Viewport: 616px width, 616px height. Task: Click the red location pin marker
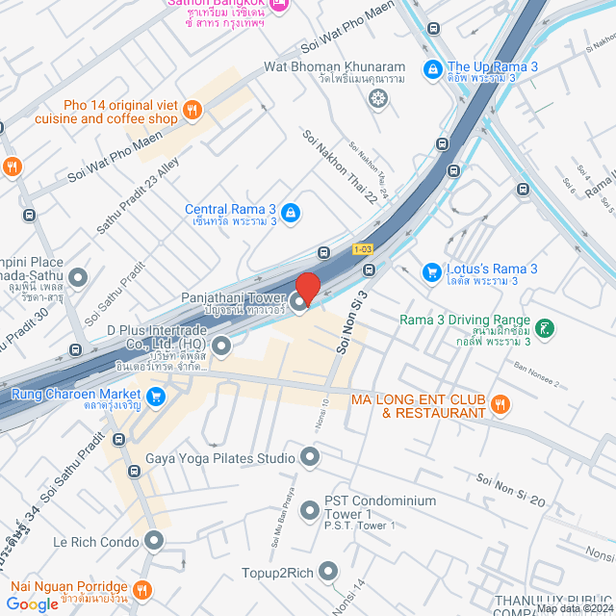tap(308, 288)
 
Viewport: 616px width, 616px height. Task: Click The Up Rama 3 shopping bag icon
tap(433, 69)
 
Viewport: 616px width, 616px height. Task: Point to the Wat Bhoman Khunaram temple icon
tap(379, 98)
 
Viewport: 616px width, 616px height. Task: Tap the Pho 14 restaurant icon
tap(192, 111)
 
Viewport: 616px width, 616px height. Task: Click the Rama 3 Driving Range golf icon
tap(545, 328)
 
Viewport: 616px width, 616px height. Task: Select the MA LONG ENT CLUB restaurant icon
tap(500, 405)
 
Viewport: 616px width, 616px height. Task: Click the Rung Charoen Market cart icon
tap(155, 396)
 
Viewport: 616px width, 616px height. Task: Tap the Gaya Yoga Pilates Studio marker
tap(310, 456)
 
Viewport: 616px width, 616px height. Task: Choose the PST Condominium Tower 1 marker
tap(310, 509)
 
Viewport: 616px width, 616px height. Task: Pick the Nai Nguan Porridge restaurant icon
tap(142, 588)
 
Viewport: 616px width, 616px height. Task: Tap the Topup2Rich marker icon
tap(328, 572)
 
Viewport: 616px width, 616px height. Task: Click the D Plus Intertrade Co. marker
tap(222, 345)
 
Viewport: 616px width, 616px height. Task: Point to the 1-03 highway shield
tap(362, 249)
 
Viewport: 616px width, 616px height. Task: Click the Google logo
tap(33, 603)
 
